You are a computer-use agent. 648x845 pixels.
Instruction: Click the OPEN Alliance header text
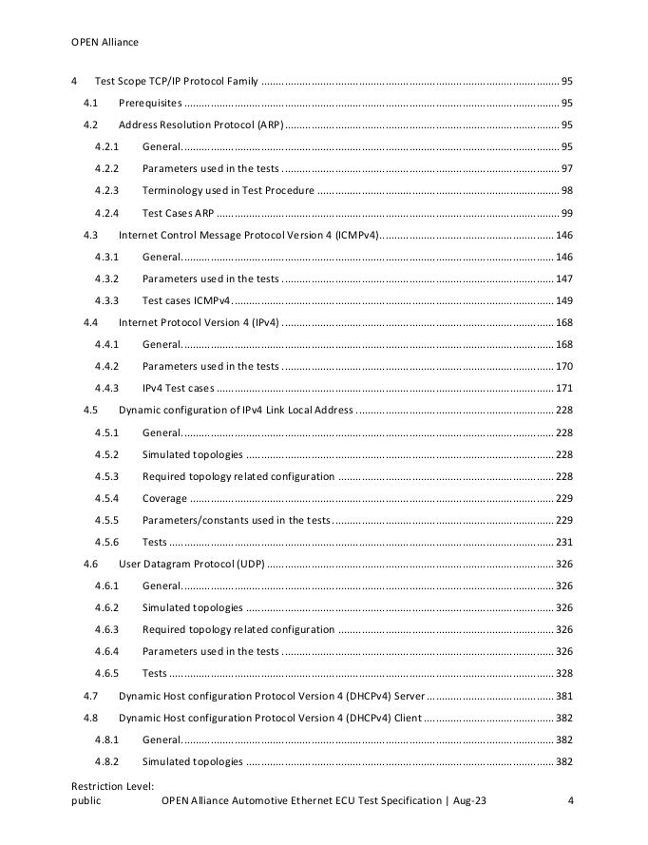(105, 42)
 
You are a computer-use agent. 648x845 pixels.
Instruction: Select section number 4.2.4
(106, 213)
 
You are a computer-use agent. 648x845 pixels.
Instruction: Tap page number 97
(566, 169)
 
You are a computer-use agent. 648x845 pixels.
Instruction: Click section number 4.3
(91, 235)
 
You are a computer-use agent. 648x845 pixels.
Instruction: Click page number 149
(563, 300)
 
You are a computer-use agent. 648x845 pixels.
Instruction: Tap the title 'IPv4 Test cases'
(178, 388)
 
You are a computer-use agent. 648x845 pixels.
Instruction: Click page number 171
(563, 388)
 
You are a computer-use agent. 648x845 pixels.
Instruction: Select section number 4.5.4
(106, 498)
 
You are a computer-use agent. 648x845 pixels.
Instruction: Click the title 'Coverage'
(164, 498)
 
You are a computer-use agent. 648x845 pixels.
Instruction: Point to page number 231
(563, 542)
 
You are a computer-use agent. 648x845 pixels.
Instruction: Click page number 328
(563, 673)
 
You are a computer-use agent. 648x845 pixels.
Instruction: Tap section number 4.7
(91, 696)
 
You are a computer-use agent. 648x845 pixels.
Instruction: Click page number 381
(563, 696)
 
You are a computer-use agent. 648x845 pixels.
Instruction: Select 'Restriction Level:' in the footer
(112, 786)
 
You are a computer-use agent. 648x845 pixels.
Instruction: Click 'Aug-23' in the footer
(470, 801)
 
